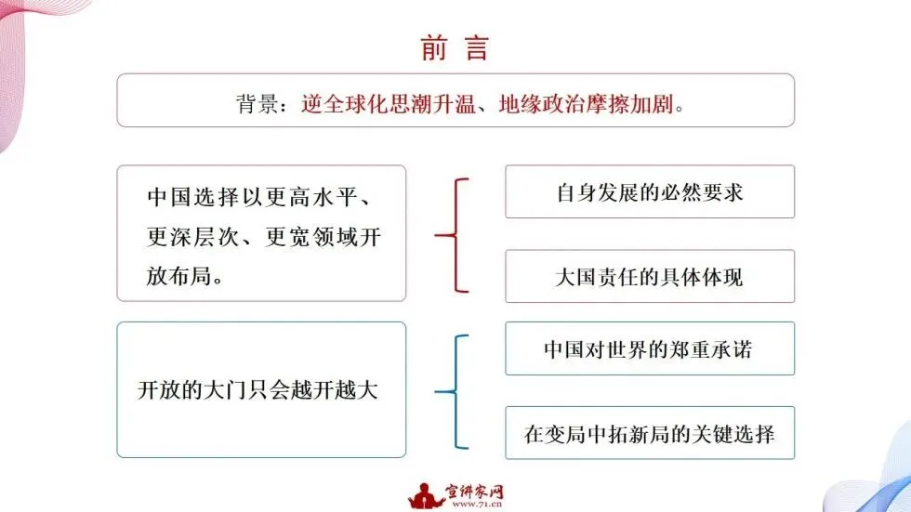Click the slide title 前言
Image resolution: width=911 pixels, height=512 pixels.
click(x=455, y=48)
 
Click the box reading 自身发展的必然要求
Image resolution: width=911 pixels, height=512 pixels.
click(x=649, y=192)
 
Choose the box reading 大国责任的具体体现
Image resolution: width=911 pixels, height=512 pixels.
click(x=649, y=277)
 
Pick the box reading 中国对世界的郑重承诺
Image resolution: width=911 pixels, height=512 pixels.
click(x=649, y=349)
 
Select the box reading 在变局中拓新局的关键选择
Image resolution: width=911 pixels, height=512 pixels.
click(x=649, y=433)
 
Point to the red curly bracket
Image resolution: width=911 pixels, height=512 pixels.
click(x=453, y=234)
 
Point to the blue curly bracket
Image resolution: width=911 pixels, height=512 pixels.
click(x=453, y=391)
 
